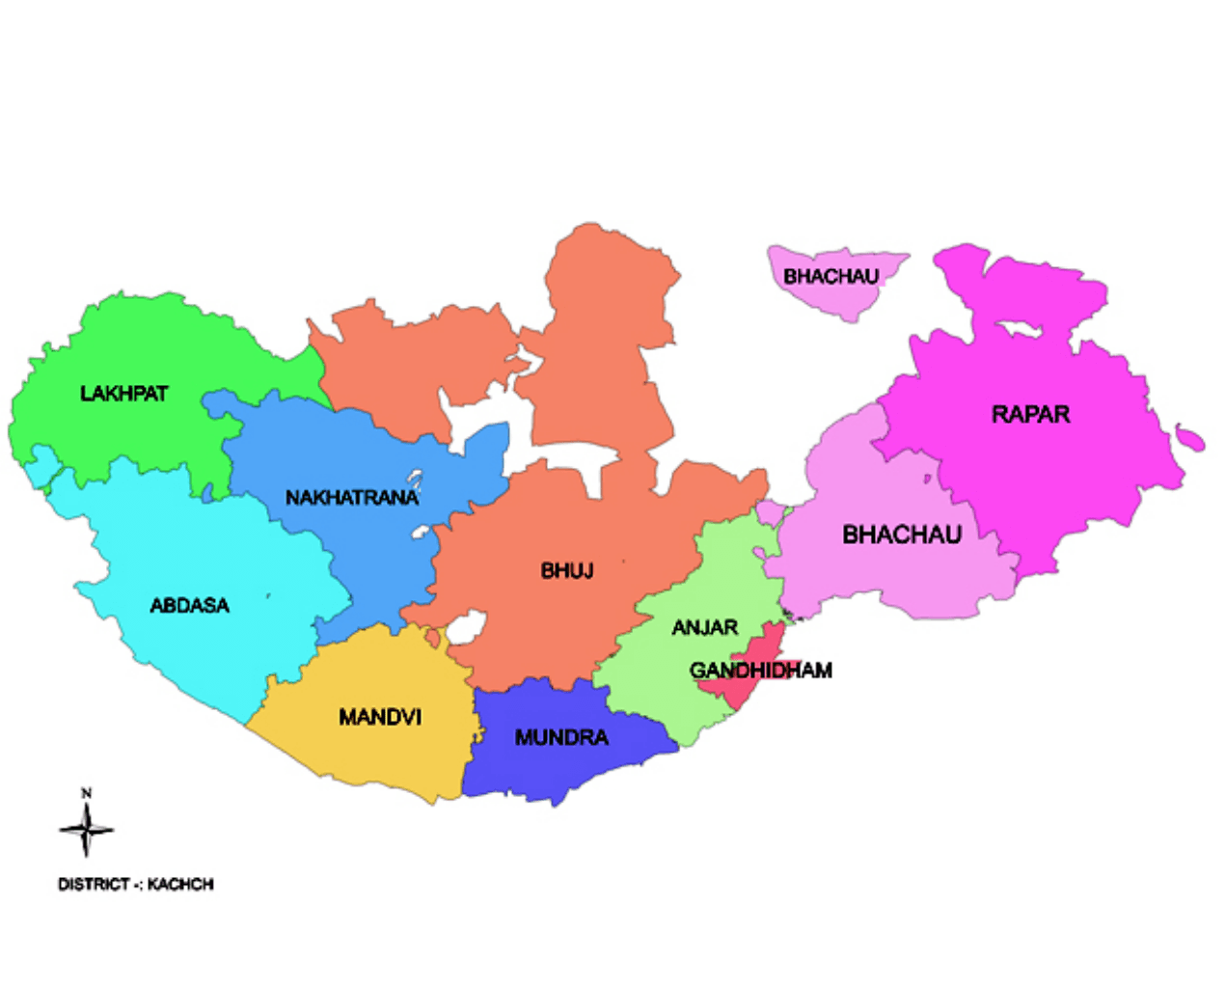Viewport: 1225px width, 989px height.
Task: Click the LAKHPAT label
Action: [123, 394]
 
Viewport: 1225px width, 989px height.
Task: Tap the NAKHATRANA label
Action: [351, 498]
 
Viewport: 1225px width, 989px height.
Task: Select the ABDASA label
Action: [189, 606]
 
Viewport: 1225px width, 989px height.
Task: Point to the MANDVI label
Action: [380, 717]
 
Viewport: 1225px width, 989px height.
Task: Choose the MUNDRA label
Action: [561, 738]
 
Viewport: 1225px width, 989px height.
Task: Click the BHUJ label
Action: [566, 571]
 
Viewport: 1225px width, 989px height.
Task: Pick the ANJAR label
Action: [704, 628]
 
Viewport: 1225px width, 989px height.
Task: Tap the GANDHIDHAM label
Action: [760, 671]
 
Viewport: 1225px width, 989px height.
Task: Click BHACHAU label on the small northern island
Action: [830, 277]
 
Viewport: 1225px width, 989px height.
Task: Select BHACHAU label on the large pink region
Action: [902, 535]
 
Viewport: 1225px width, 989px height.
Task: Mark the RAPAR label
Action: [1030, 415]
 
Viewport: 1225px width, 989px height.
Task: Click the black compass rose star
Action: [86, 830]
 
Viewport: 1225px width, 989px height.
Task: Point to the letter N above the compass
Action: [86, 793]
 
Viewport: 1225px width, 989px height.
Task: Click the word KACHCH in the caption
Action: [180, 884]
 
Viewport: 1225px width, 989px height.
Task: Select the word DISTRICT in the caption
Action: [94, 884]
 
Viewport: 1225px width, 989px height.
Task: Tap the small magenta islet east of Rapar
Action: [1191, 439]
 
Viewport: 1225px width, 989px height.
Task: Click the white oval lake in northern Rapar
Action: [1021, 330]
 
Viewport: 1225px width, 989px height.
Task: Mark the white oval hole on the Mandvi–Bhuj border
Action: [464, 630]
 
